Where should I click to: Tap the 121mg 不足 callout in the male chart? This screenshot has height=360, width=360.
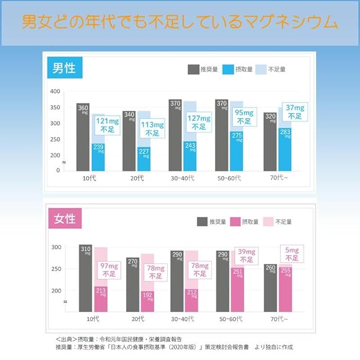pos(106,125)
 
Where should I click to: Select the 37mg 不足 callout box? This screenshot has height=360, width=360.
pos(295,112)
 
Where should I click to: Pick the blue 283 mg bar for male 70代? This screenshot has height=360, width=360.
pos(285,148)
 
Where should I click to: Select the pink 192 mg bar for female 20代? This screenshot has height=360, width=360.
pos(146,300)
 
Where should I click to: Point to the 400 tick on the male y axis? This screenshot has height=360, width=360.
pos(55,91)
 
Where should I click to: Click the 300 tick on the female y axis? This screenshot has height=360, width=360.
pos(56,247)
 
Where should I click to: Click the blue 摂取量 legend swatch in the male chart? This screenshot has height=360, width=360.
pos(228,69)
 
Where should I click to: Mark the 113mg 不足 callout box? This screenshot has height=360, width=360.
pos(152,129)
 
